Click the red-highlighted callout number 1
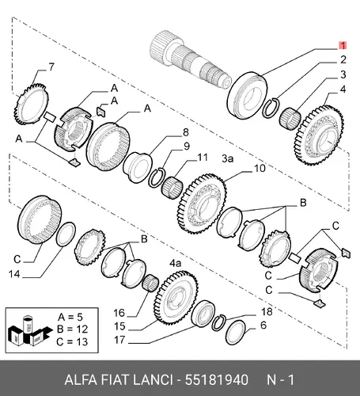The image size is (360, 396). point(343,46)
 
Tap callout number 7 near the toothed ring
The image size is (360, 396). point(51,67)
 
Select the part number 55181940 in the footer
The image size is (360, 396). point(216,380)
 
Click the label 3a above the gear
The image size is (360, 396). point(227,159)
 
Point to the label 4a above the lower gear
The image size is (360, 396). point(176,263)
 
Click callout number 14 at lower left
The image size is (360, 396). point(14,274)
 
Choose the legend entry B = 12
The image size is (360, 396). point(72,329)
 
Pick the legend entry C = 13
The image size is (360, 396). point(72,342)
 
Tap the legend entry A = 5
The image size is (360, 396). point(70,317)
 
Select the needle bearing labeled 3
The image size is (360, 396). point(290,119)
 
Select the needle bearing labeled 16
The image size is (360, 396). point(150,284)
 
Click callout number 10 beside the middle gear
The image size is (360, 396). point(260,169)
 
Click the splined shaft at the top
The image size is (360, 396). point(190,59)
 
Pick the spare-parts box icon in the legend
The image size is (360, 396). point(28,330)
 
